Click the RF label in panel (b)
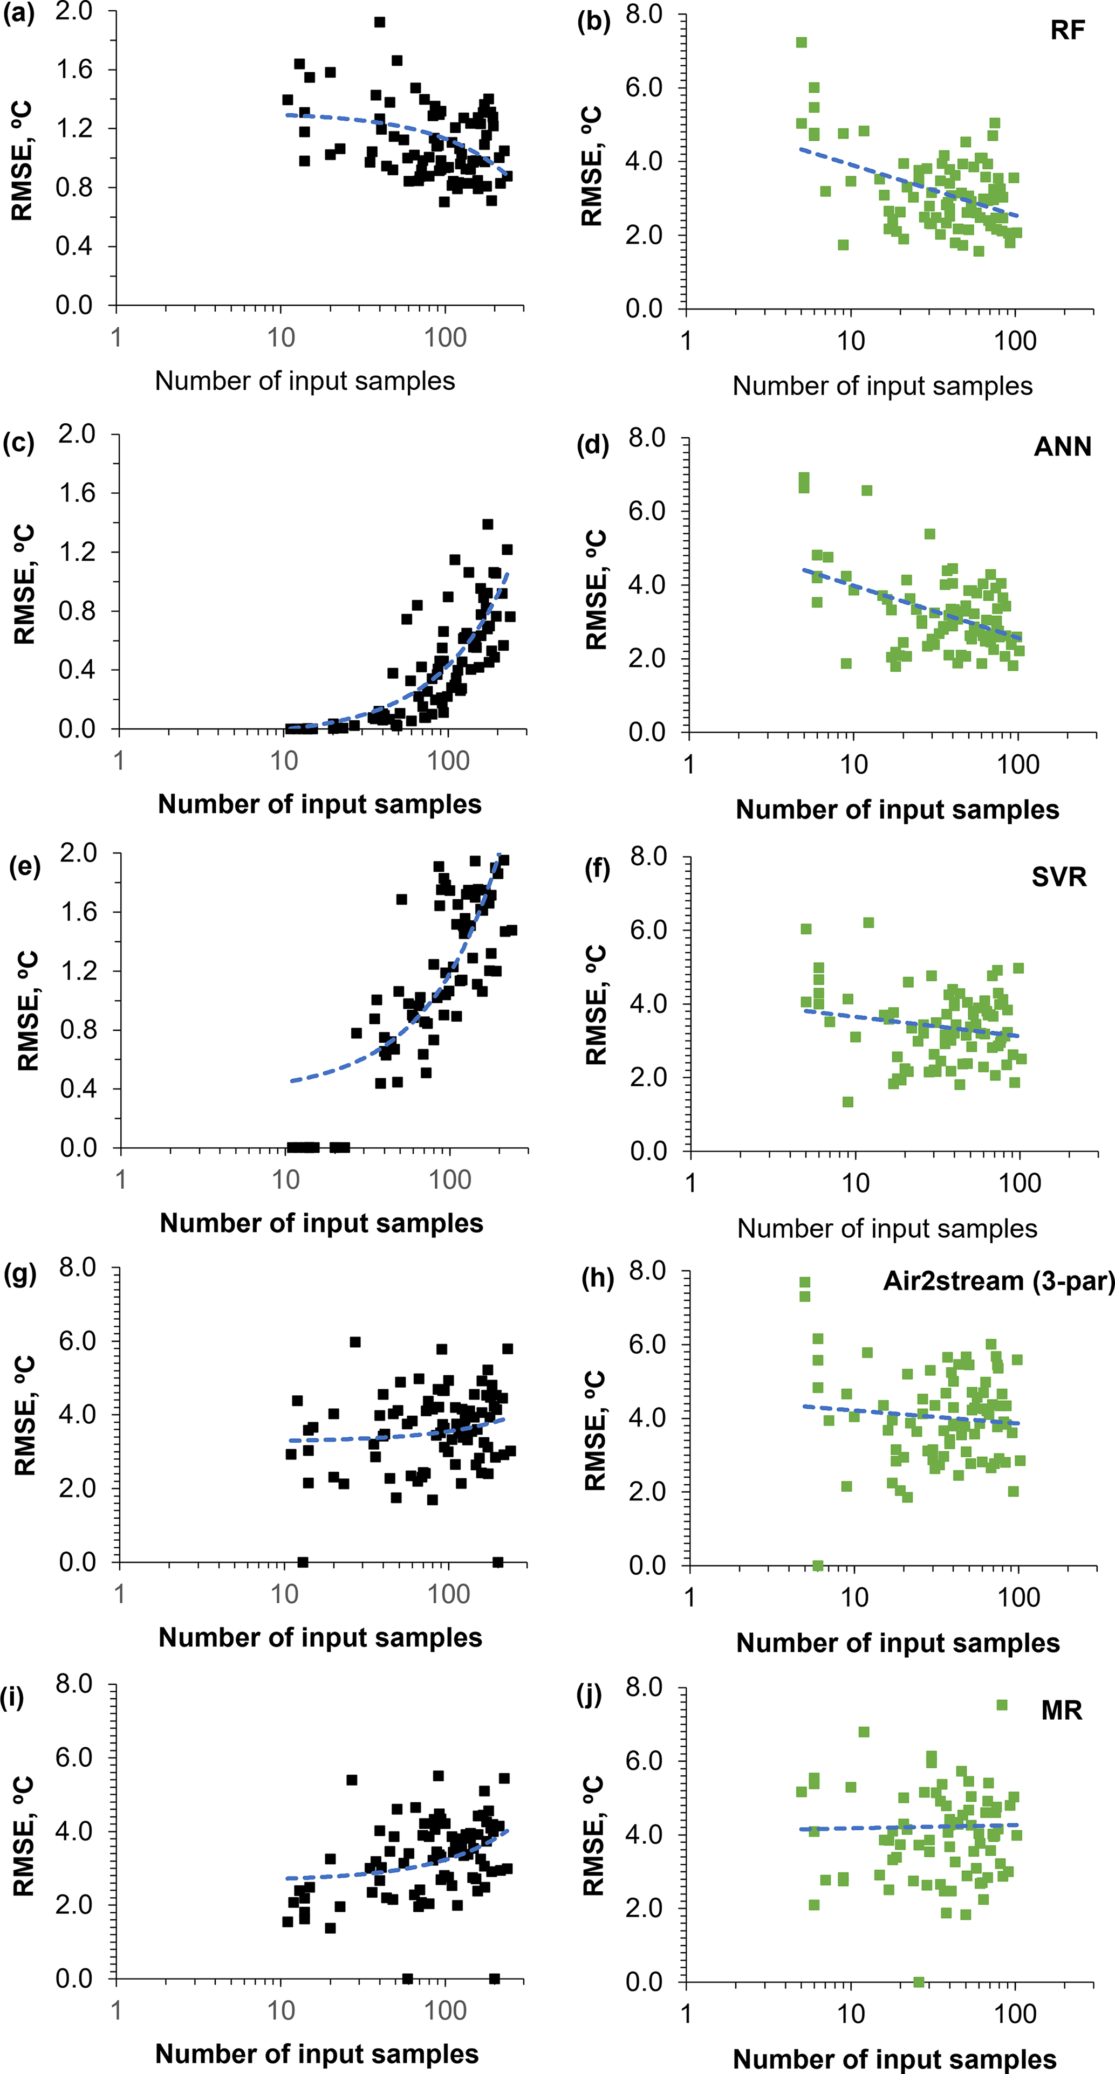coord(1068,31)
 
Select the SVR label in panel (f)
coord(1058,877)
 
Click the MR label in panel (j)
coord(1061,1710)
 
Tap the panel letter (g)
coord(20,1276)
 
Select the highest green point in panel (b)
coord(802,43)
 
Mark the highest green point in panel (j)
coord(1002,1705)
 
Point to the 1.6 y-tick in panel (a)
coord(74,70)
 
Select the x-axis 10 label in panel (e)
coord(285,1180)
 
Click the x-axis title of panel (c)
coord(320,804)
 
